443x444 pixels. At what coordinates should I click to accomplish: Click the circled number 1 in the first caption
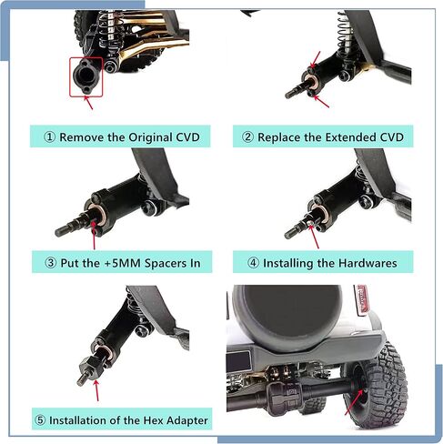tap(50, 137)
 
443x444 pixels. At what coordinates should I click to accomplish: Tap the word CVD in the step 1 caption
tap(187, 137)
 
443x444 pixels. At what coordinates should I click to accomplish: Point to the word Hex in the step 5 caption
tap(154, 420)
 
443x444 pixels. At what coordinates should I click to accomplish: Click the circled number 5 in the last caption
tap(40, 420)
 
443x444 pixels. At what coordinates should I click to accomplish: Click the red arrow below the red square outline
tap(88, 102)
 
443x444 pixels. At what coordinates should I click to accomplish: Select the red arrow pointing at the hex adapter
tap(96, 390)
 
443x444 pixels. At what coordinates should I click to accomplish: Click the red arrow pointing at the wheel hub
tap(354, 402)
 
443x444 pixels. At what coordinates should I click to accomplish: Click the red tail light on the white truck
tap(362, 298)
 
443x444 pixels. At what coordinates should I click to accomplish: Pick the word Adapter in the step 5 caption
tap(187, 421)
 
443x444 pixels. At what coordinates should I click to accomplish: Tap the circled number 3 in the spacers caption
tap(51, 263)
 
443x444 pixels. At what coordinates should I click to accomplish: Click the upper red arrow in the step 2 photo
tap(316, 59)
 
